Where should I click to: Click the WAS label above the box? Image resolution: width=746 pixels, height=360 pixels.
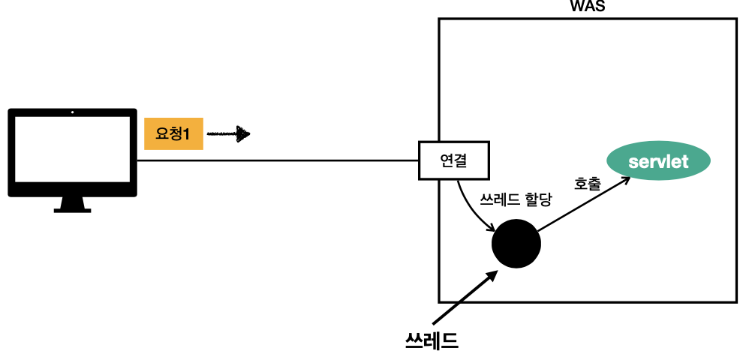pos(588,7)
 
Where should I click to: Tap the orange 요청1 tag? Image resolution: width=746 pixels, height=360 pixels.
pos(173,134)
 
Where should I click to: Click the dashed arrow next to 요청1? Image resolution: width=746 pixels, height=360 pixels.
pos(227,135)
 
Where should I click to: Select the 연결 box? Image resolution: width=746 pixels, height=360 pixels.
pos(453,160)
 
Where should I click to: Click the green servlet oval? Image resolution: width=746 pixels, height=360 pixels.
pos(658,160)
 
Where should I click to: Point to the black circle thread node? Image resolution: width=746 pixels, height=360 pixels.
pos(516,244)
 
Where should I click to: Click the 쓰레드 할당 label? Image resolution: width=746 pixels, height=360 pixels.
pos(515,200)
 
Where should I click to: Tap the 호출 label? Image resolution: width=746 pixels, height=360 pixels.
pos(587,183)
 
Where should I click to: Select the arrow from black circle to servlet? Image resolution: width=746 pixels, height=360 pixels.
pos(582,206)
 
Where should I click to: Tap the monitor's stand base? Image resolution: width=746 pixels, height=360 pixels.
pos(72,209)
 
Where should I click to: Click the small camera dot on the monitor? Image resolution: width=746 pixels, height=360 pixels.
pos(72,112)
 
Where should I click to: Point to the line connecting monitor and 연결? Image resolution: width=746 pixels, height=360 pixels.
pos(278,160)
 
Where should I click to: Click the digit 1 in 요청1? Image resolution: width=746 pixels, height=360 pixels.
pos(185,134)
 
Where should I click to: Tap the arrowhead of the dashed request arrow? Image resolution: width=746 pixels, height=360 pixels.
pos(242,135)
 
